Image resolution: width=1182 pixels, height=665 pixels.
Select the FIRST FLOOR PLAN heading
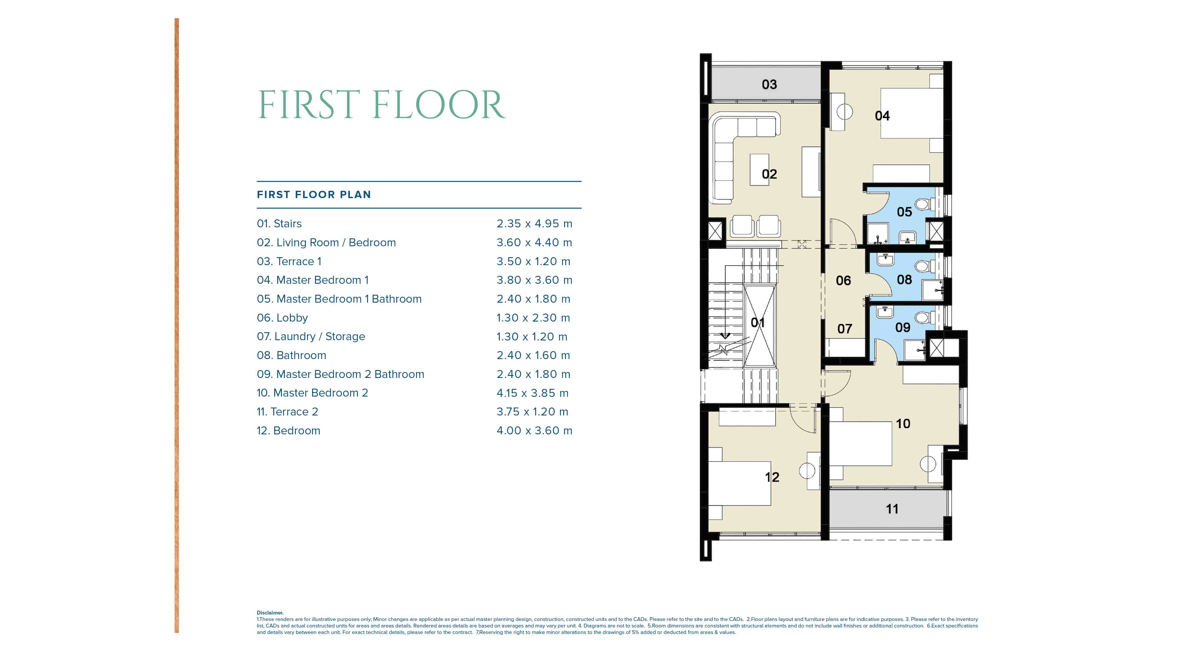(314, 195)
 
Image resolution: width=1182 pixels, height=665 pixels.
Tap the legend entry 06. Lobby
(282, 317)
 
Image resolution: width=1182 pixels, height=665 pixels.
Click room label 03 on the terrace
(769, 84)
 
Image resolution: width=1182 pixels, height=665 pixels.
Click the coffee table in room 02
(759, 170)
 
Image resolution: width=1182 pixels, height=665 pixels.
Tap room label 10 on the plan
(902, 423)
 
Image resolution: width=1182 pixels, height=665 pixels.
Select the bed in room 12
(739, 483)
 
